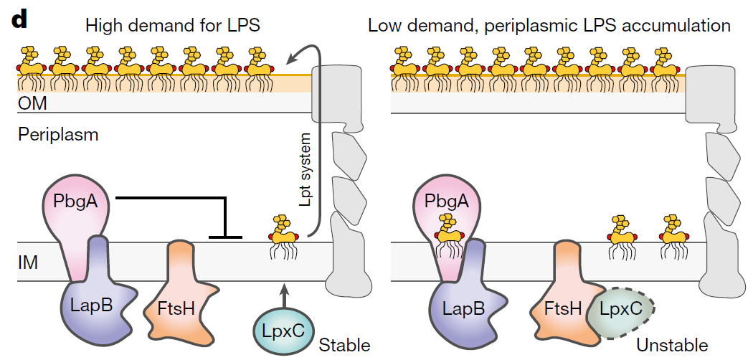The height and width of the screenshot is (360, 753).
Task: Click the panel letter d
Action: click(x=19, y=19)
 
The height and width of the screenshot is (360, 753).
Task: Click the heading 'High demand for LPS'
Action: click(x=172, y=26)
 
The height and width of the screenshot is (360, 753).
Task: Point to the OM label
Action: click(x=32, y=103)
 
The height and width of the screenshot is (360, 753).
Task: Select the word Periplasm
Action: click(x=58, y=134)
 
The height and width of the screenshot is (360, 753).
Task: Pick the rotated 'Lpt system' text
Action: click(x=305, y=171)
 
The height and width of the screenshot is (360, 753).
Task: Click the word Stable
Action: click(x=345, y=345)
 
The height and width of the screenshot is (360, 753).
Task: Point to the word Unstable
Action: click(x=671, y=345)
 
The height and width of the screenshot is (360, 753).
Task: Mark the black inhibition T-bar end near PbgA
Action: click(x=226, y=235)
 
